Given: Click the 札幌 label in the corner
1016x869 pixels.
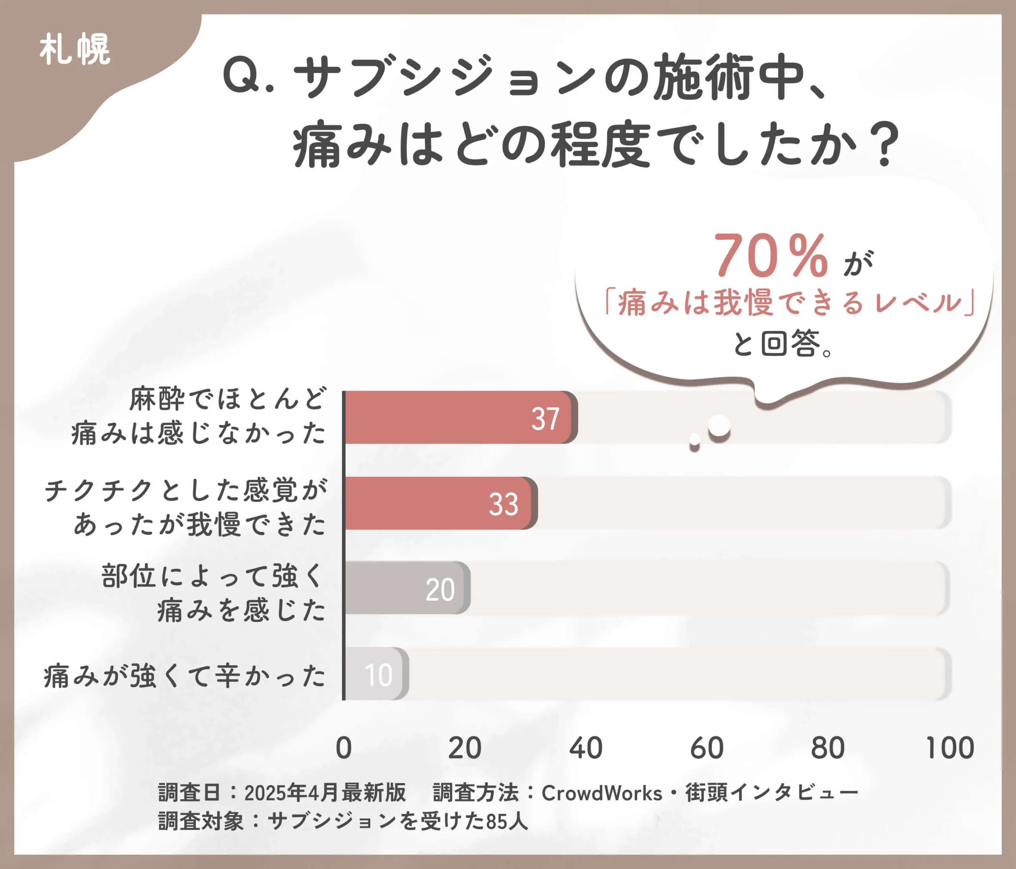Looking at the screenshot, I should point(75,49).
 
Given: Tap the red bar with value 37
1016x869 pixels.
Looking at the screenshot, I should point(458,417).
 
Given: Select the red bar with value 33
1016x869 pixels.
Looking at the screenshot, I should point(439,503).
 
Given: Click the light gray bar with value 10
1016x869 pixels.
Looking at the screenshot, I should point(375,674).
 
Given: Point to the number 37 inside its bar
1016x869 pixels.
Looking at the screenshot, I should point(545,419).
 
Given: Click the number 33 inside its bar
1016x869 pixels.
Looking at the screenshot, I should point(503,504).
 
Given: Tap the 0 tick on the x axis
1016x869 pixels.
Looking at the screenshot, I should point(344,748).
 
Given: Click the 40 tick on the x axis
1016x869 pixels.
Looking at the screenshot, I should point(585,748).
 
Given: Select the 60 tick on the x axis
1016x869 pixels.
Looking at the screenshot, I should point(706,748).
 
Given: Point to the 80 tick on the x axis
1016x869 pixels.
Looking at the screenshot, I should point(828,748).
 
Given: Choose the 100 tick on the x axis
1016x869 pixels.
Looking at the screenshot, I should point(949,748).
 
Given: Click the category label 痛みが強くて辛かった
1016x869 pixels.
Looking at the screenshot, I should point(185,676).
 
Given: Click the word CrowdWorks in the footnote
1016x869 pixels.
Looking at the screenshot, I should point(602,793).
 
